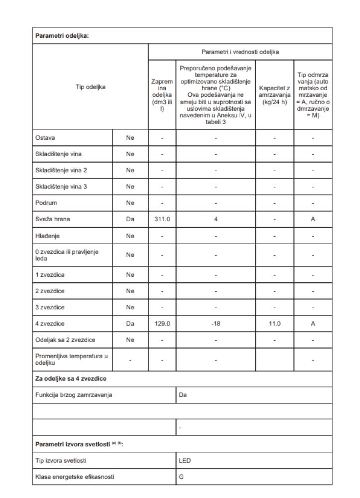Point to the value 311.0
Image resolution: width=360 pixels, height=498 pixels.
coord(162,218)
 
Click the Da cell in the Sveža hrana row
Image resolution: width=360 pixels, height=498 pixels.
coord(130,218)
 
